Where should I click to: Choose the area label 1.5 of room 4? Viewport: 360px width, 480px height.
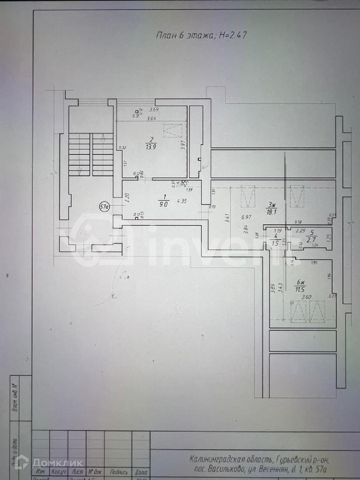(x=275, y=244)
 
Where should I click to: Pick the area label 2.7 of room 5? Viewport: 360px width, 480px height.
(x=312, y=239)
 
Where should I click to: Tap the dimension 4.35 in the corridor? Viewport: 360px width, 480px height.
(x=182, y=201)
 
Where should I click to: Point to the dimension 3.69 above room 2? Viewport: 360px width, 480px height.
(x=154, y=110)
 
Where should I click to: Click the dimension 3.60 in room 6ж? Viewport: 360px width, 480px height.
(x=306, y=297)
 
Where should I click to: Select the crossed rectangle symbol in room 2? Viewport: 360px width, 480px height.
(x=173, y=131)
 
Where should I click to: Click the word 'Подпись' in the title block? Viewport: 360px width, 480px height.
(x=119, y=472)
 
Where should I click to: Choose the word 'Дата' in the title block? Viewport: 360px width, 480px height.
(x=141, y=472)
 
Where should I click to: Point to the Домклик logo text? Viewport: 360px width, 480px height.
(x=57, y=463)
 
